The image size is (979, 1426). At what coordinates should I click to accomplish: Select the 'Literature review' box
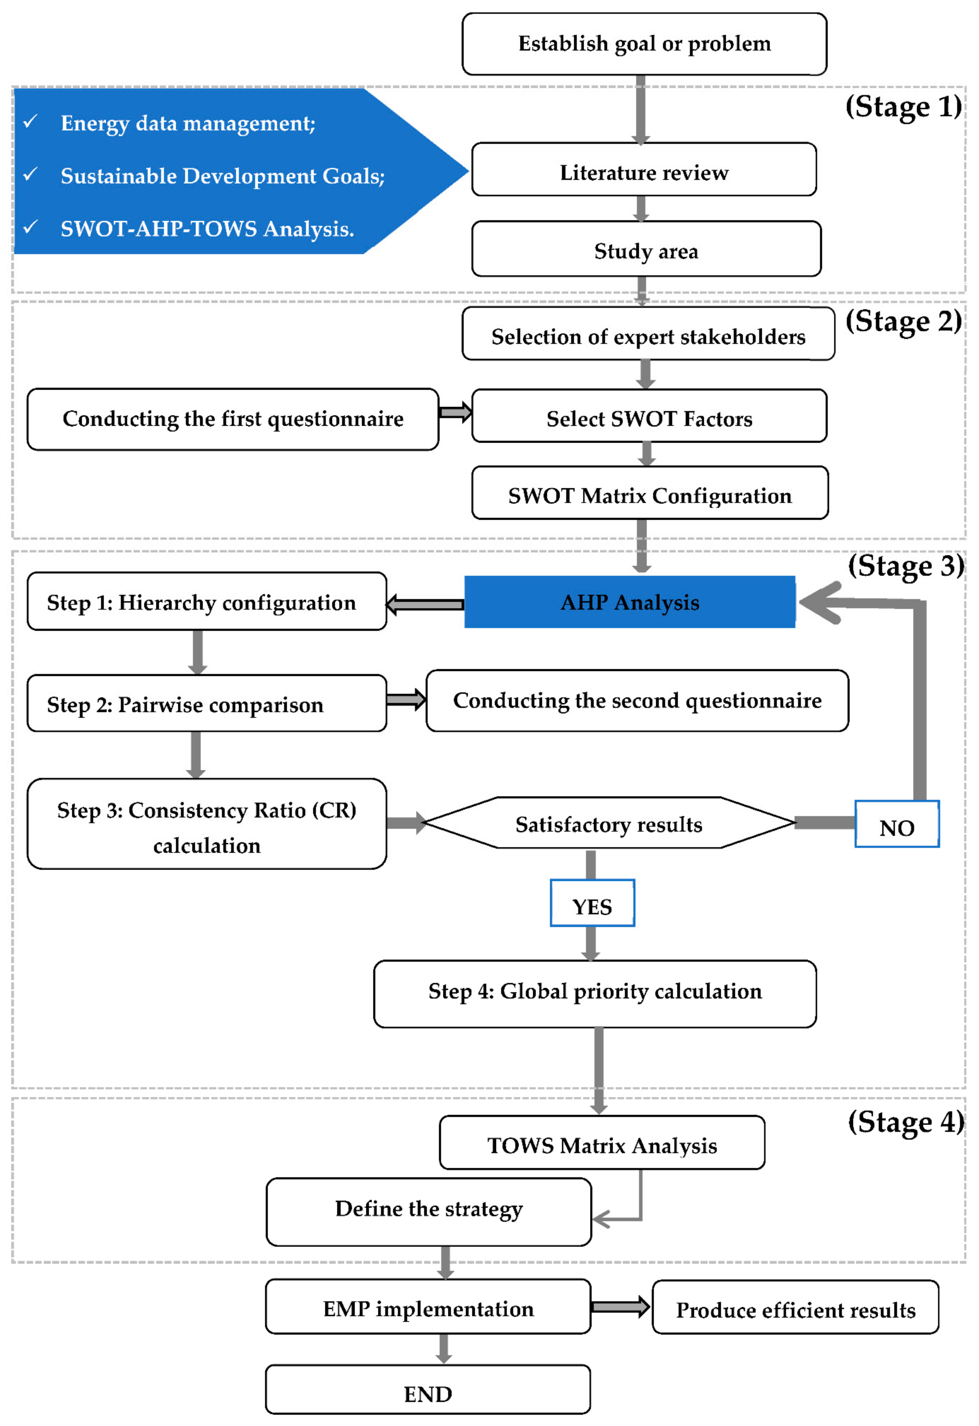click(644, 169)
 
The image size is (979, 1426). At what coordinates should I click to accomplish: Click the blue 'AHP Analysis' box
click(630, 602)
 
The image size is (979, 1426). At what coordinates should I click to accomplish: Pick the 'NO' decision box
click(897, 824)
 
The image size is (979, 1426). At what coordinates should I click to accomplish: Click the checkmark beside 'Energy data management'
click(30, 121)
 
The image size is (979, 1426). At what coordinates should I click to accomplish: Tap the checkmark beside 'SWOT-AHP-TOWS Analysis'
click(30, 227)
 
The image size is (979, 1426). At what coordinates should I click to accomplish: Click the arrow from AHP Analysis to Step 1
click(425, 605)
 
